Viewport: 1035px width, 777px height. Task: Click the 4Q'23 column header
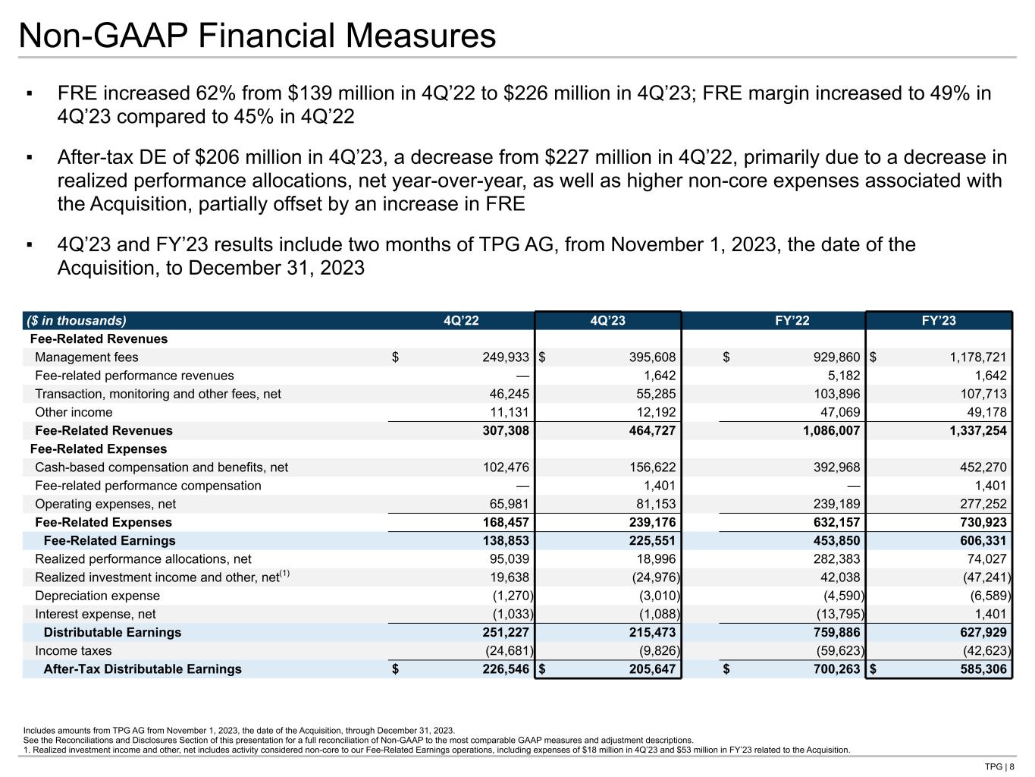coord(607,321)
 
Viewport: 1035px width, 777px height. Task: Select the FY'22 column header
coord(792,321)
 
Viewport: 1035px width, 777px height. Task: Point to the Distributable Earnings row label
coord(112,633)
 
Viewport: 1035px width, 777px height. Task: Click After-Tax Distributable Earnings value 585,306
coord(980,669)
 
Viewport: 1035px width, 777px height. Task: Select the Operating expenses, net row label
coord(105,505)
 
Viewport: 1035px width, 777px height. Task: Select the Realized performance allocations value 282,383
coord(836,559)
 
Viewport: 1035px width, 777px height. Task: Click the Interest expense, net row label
coord(96,615)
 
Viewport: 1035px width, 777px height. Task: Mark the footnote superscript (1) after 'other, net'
coord(285,574)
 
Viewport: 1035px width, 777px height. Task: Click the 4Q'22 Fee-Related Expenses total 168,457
coord(503,523)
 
